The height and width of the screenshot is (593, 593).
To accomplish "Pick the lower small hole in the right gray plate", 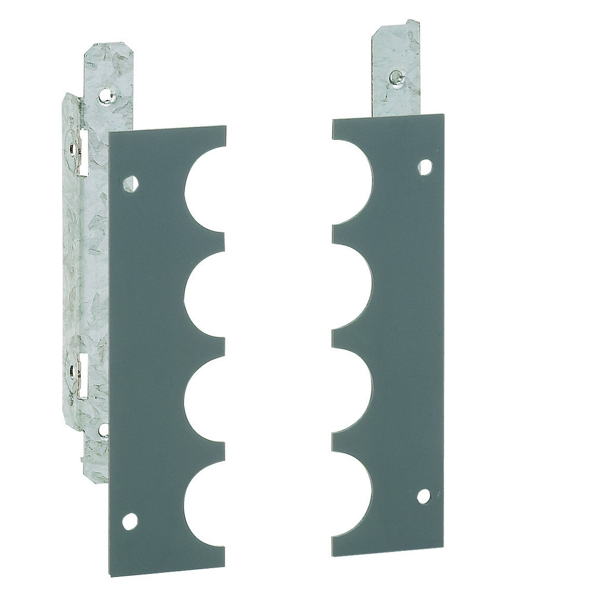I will pyautogui.click(x=423, y=496).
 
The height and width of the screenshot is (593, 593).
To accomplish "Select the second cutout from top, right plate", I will pyautogui.click(x=353, y=285).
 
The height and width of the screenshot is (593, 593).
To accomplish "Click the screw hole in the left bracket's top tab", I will pyautogui.click(x=105, y=94).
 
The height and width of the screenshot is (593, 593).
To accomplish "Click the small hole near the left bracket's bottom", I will pyautogui.click(x=103, y=428).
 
